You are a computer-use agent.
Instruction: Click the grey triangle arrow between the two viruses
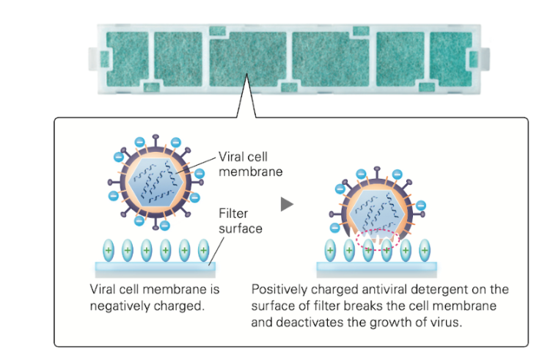(287, 204)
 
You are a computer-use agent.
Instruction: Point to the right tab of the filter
(484, 59)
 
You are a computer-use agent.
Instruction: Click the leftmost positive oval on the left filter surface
(108, 249)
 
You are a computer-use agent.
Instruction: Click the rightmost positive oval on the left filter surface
(204, 249)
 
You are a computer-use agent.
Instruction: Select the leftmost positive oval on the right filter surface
(331, 249)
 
